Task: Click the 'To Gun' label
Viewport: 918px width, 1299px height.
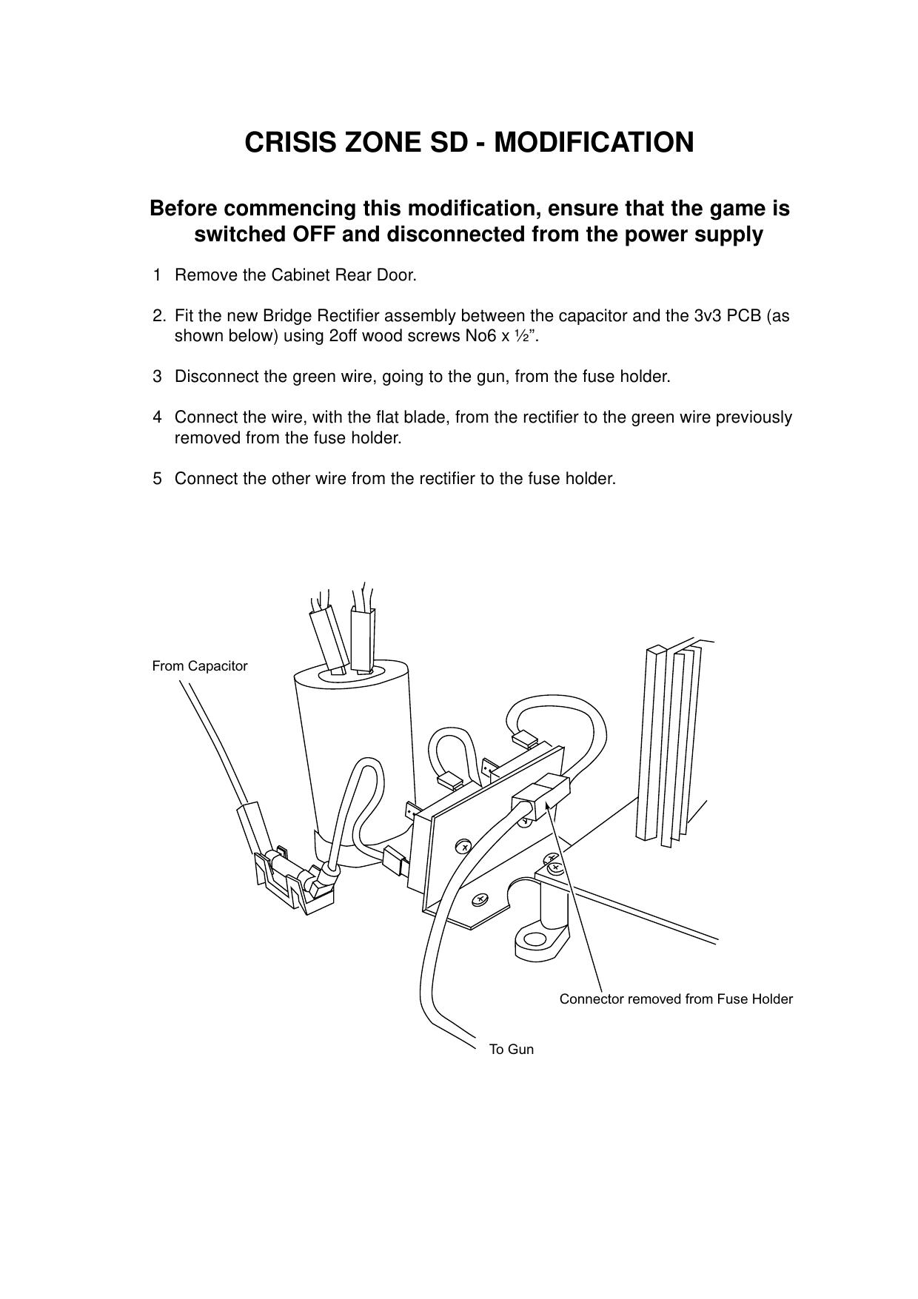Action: tap(511, 1049)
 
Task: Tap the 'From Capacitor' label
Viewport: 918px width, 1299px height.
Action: tap(199, 666)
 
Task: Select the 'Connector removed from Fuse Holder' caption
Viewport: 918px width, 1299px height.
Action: tap(675, 999)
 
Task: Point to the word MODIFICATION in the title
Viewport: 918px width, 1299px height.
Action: tap(594, 142)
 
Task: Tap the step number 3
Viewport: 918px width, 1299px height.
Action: tap(157, 377)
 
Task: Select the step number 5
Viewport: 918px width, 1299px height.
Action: tap(157, 479)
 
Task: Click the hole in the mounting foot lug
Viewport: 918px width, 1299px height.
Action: tap(534, 941)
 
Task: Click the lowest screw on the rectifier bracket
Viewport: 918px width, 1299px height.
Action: tap(480, 899)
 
